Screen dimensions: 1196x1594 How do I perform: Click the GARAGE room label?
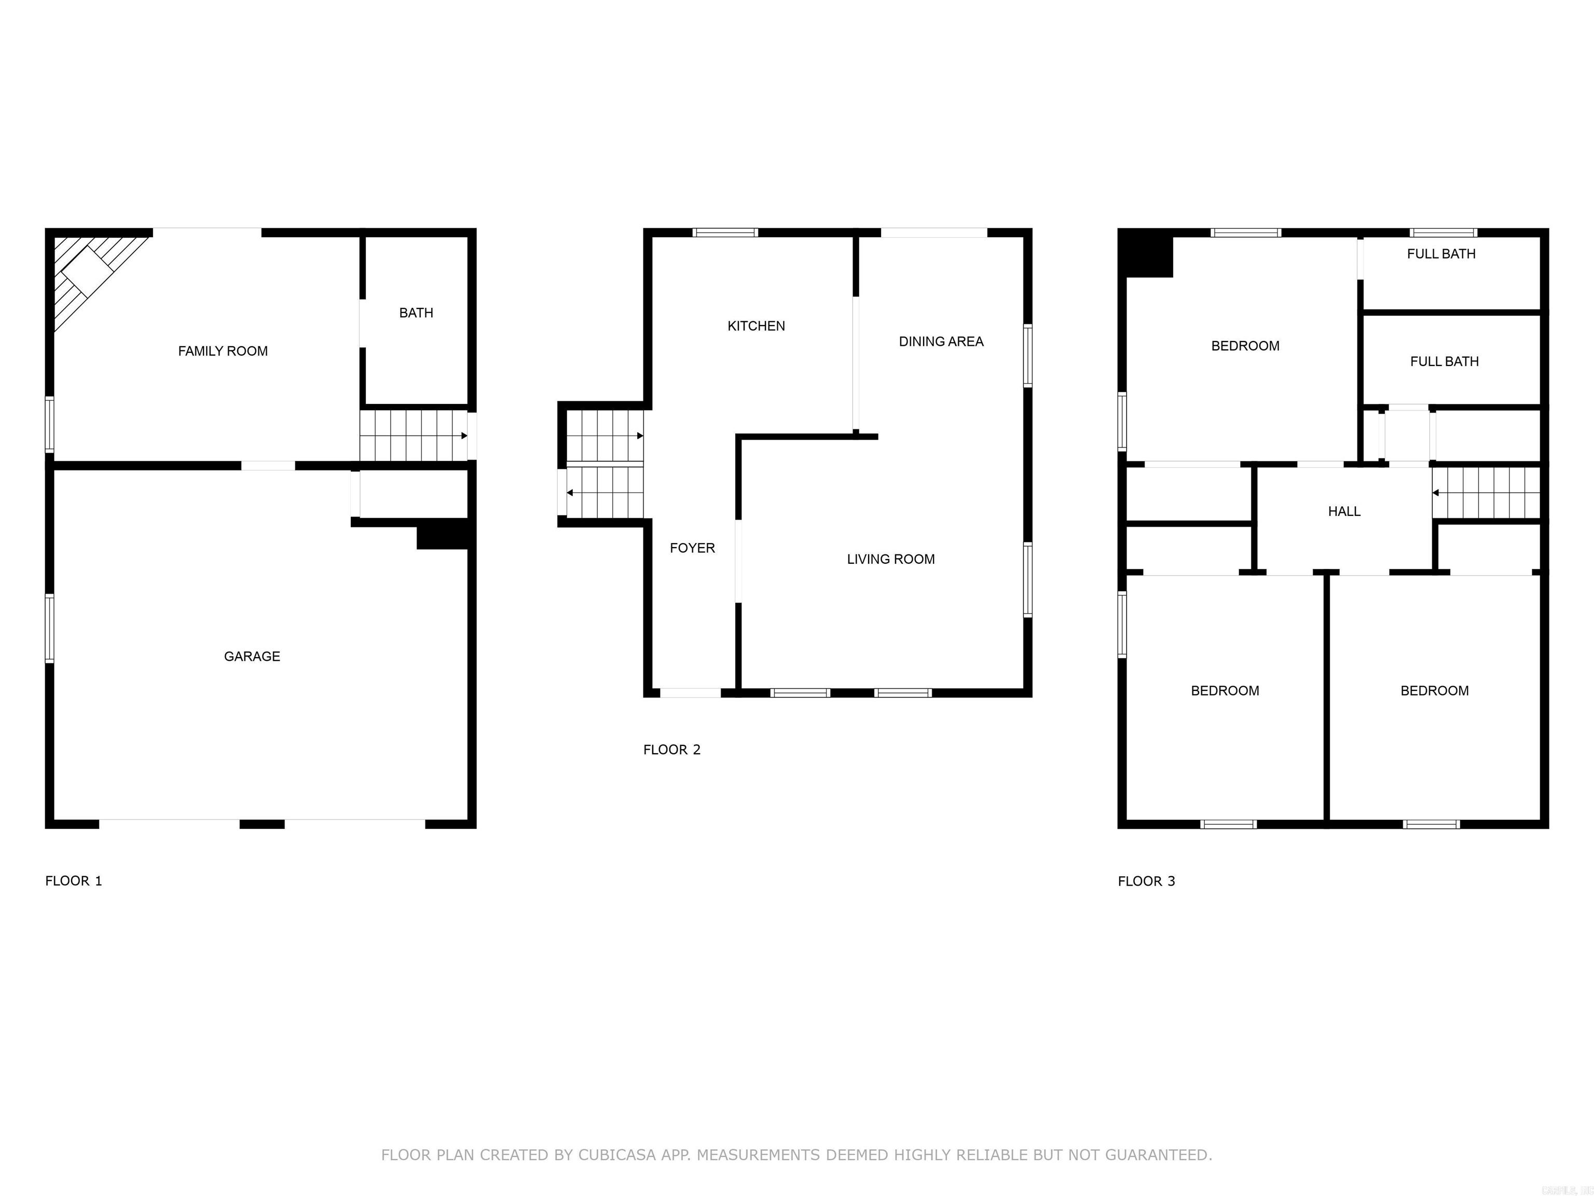(x=252, y=656)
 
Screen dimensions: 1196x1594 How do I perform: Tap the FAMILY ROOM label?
(x=223, y=351)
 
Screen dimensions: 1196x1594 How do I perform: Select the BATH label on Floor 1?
(x=416, y=313)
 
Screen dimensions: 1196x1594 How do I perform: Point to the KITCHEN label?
(x=756, y=326)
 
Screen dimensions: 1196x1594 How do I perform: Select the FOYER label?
(x=692, y=548)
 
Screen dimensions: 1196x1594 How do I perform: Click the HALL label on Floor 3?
(x=1344, y=512)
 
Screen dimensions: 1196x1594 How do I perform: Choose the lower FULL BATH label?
(x=1444, y=362)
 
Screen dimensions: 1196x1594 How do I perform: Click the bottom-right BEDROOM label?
(x=1434, y=690)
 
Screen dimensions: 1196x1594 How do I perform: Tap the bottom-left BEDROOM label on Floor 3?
(x=1225, y=690)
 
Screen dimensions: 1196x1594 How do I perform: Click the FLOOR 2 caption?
(x=671, y=750)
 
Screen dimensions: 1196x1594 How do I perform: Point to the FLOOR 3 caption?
(x=1146, y=881)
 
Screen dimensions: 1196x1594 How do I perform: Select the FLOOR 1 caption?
(x=74, y=881)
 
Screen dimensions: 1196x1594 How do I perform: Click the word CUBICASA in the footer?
(x=617, y=1155)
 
